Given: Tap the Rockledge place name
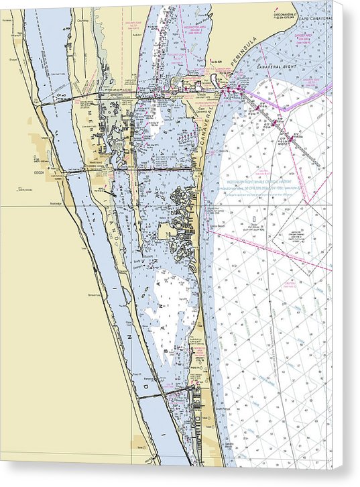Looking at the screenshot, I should click(x=55, y=203).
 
